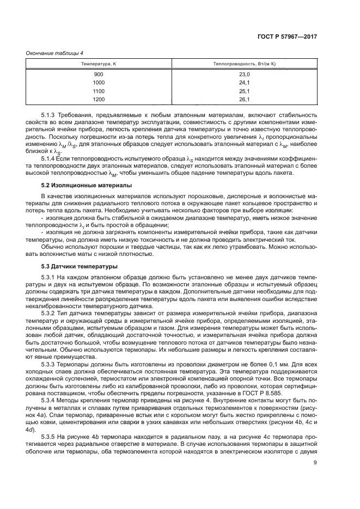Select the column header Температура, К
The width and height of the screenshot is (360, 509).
pyautogui.click(x=99, y=64)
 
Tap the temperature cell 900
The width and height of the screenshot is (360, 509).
pyautogui.click(x=99, y=74)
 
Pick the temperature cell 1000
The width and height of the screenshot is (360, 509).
pyautogui.click(x=99, y=83)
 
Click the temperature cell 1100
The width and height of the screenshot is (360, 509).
pyautogui.click(x=99, y=91)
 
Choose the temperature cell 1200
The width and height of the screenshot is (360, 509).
pyautogui.click(x=99, y=100)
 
